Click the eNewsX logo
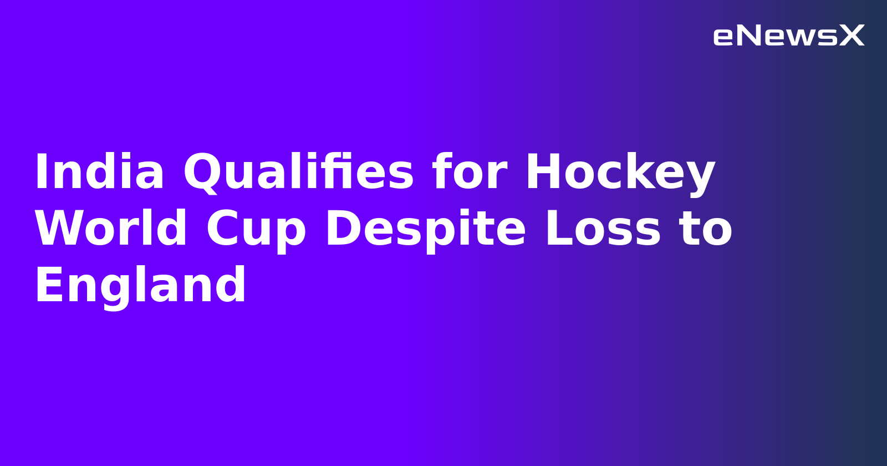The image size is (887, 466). pos(788,36)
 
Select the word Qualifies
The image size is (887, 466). pos(298,173)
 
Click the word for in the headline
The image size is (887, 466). pos(469,173)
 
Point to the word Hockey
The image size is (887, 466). pos(620,173)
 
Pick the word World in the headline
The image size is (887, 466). pos(111,229)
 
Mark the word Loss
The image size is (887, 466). pos(603,229)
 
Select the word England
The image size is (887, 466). pos(140,286)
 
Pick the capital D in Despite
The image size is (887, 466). pos(342,229)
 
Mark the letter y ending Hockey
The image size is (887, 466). pos(700,176)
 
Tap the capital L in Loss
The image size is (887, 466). pos(557,229)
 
